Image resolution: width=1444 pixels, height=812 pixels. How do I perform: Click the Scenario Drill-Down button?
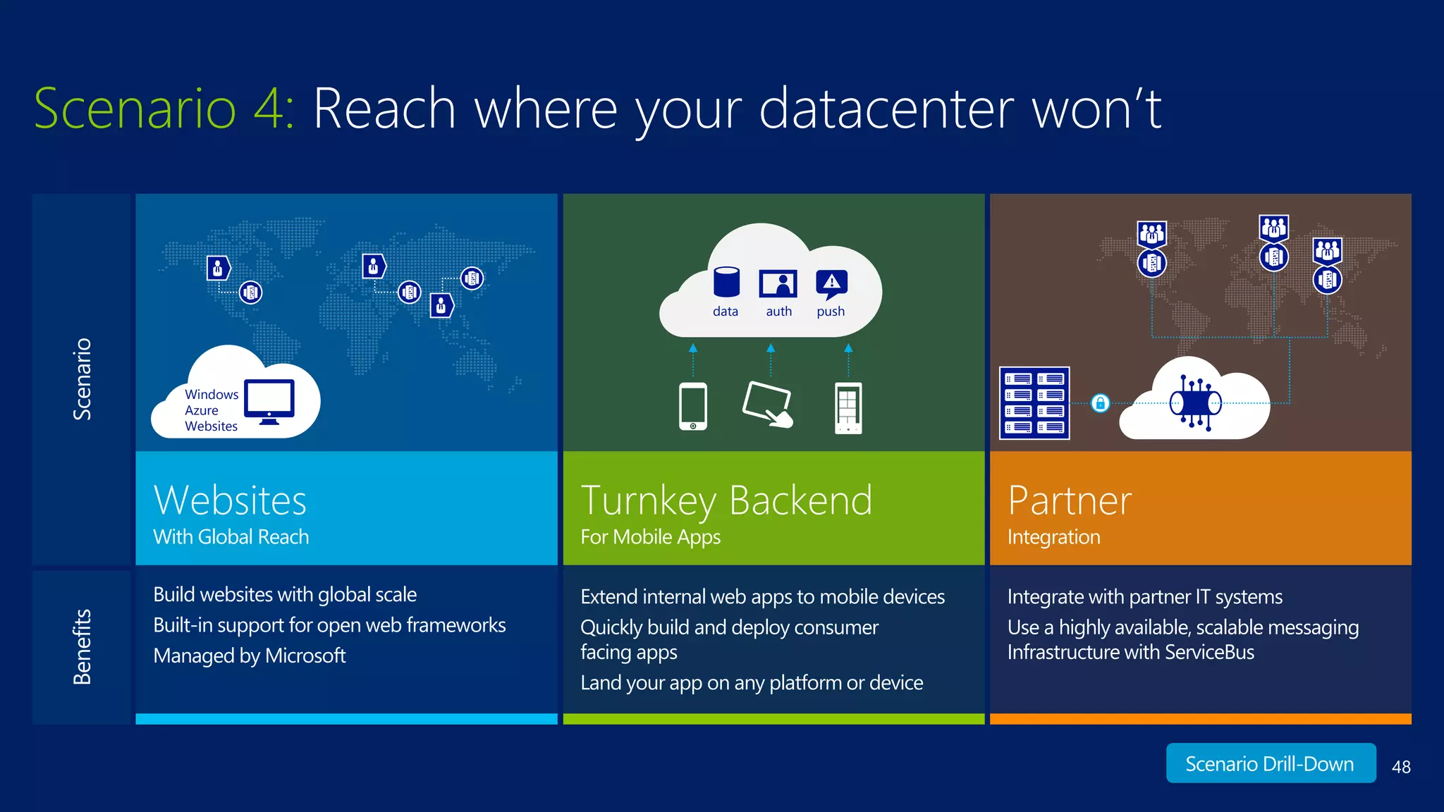coord(1270,763)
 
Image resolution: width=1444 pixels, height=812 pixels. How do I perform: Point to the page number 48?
coord(1401,767)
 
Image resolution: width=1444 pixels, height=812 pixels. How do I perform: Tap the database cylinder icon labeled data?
coord(726,282)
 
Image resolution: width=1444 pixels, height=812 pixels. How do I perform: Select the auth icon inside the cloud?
coord(778,284)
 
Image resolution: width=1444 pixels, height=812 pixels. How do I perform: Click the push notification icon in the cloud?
coord(831,284)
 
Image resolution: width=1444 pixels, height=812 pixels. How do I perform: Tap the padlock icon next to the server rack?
coord(1100,403)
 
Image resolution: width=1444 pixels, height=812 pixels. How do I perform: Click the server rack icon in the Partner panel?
coord(1034,403)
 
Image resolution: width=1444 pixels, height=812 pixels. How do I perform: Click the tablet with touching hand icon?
coord(768,405)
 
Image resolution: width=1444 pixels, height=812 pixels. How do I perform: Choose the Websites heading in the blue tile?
coord(230,500)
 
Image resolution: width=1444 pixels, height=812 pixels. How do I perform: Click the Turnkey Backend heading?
coord(726,500)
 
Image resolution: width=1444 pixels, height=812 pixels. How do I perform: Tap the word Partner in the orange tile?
coord(1070,500)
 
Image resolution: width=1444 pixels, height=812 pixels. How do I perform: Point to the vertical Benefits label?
coord(82,647)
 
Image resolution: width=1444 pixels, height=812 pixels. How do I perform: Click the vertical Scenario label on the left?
coord(82,379)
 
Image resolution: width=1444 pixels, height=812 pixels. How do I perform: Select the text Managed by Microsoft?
coord(250,656)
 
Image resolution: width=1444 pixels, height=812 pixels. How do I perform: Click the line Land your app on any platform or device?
coord(752,683)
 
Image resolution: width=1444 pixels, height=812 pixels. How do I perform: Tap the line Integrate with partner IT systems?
coord(1144,597)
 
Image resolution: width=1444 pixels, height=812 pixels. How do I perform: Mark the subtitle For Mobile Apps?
coord(650,537)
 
